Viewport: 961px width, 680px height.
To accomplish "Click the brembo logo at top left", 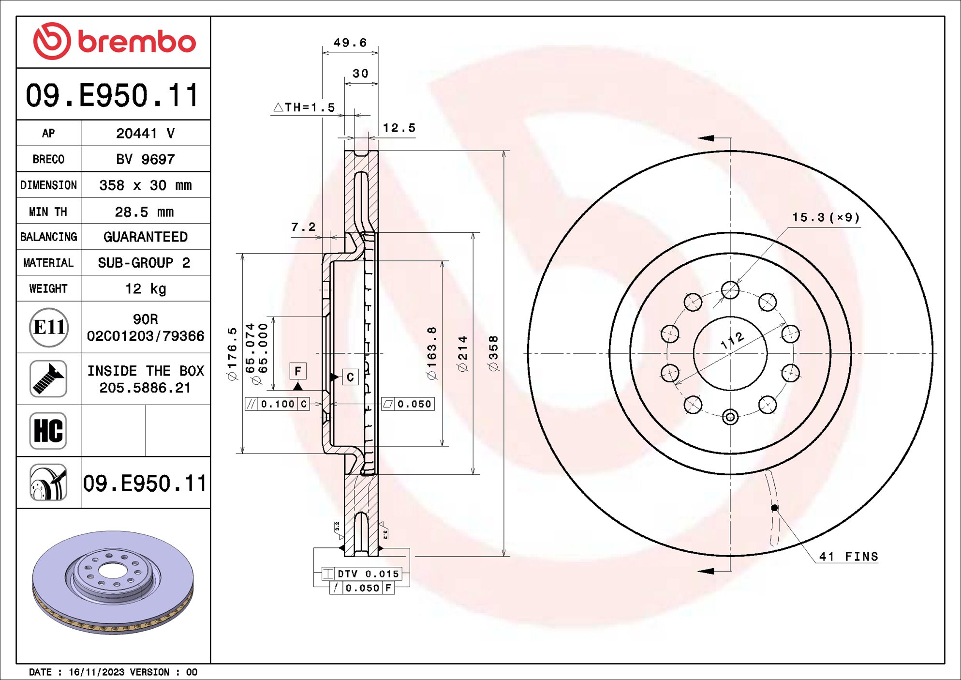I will tap(114, 42).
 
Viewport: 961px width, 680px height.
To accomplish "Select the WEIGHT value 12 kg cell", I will tap(145, 288).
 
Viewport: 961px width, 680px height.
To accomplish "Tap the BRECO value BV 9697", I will tap(145, 159).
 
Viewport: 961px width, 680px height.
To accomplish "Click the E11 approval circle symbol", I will tap(48, 328).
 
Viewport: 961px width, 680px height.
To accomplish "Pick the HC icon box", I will tap(48, 430).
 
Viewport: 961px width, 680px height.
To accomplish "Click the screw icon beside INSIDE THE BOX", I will tap(48, 379).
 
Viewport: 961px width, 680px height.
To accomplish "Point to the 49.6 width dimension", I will tap(350, 43).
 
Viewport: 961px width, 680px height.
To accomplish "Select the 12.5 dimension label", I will tap(399, 128).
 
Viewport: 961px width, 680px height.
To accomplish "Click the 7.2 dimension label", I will tap(303, 227).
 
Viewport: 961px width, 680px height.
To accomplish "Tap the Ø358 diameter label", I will tap(493, 353).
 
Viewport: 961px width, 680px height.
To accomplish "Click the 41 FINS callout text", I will tap(848, 557).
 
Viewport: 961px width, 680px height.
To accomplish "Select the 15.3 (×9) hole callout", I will tap(826, 217).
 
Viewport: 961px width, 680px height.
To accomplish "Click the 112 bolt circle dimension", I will tap(732, 340).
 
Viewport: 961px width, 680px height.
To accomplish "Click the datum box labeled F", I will tap(298, 371).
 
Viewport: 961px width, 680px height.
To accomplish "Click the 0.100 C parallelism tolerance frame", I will tap(277, 404).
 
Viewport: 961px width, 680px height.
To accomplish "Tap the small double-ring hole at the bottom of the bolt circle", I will tap(730, 417).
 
